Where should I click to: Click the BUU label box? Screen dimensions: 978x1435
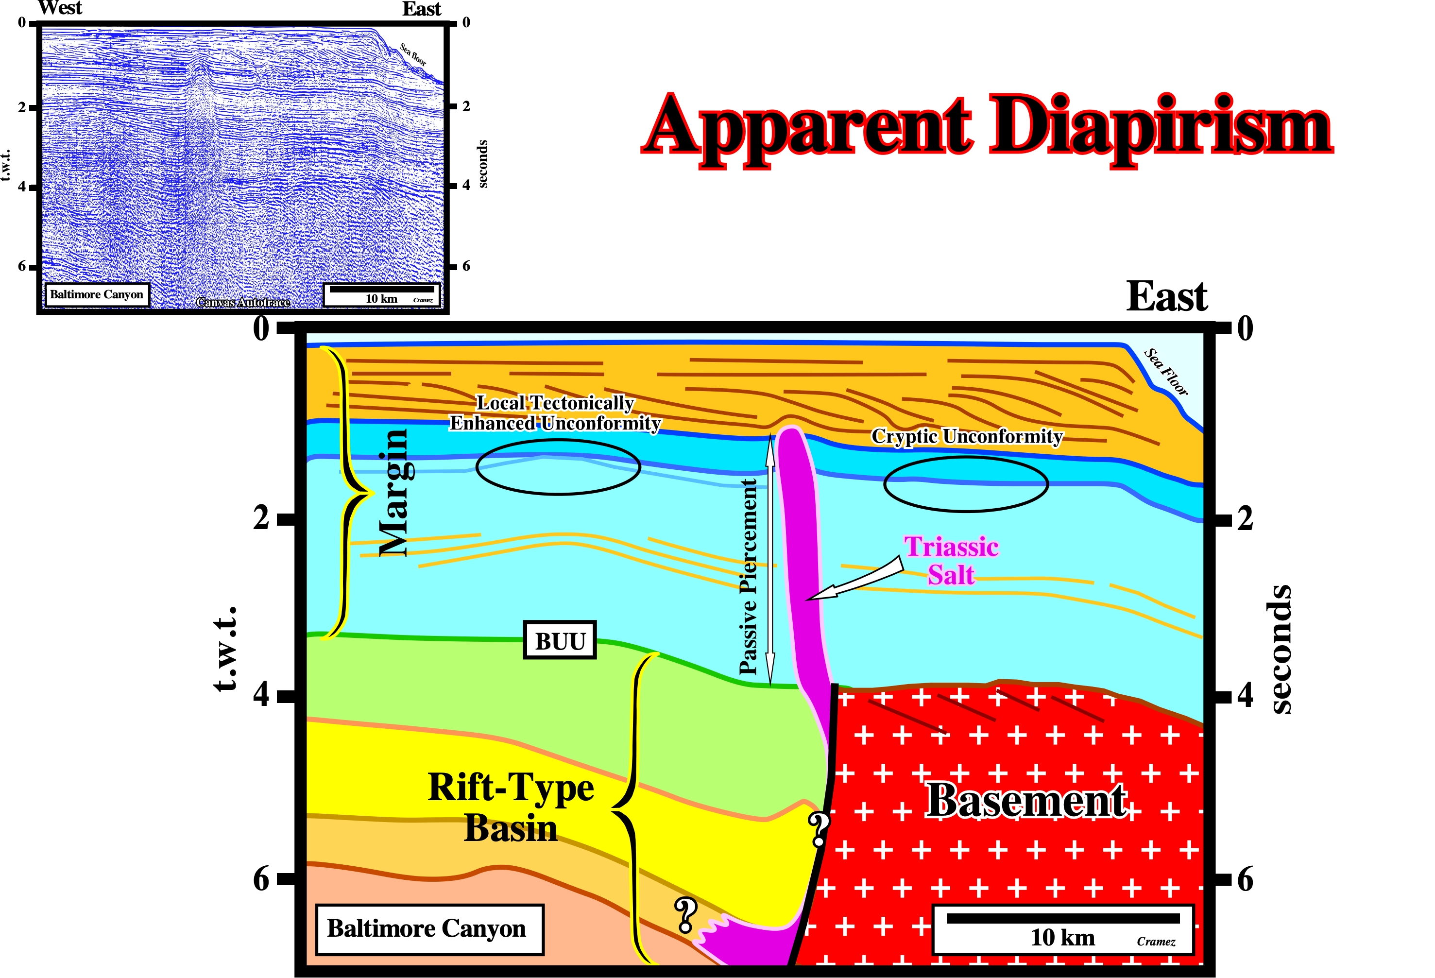[560, 640]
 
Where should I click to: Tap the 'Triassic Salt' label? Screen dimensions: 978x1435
[951, 561]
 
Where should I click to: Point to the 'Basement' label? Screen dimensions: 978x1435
[1027, 801]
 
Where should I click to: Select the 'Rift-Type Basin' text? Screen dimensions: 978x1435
[511, 807]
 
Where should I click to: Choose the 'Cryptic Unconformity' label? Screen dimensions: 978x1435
[967, 436]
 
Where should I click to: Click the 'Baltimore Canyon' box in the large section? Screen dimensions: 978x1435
[429, 928]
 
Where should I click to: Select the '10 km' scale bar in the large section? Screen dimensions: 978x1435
[1062, 928]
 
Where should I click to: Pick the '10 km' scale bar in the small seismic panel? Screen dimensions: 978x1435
[382, 294]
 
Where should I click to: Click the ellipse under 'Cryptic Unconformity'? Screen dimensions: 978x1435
[966, 484]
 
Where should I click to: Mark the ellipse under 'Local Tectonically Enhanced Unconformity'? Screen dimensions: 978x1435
[558, 467]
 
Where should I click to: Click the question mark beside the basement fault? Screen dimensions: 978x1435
[819, 829]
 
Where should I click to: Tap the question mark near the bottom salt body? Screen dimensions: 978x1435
[685, 914]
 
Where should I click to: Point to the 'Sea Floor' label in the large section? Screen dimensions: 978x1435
[1165, 372]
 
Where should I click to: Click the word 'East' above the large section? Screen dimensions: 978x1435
[1166, 296]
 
